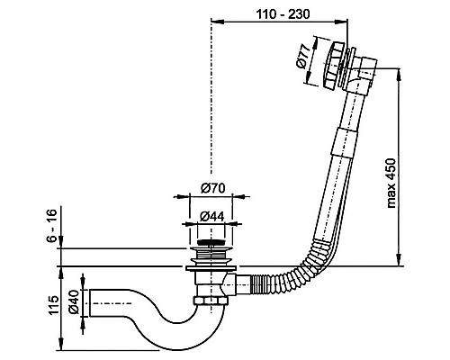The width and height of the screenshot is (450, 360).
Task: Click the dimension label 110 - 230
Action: click(283, 14)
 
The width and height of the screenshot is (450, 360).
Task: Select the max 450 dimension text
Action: click(391, 184)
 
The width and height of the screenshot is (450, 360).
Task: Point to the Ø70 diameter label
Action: click(212, 188)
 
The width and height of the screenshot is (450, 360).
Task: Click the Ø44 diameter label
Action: click(211, 216)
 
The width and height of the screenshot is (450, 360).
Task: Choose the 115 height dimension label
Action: click(54, 305)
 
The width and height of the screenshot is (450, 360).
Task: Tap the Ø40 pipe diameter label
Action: click(73, 302)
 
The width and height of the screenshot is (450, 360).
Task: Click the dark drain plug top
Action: click(211, 242)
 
